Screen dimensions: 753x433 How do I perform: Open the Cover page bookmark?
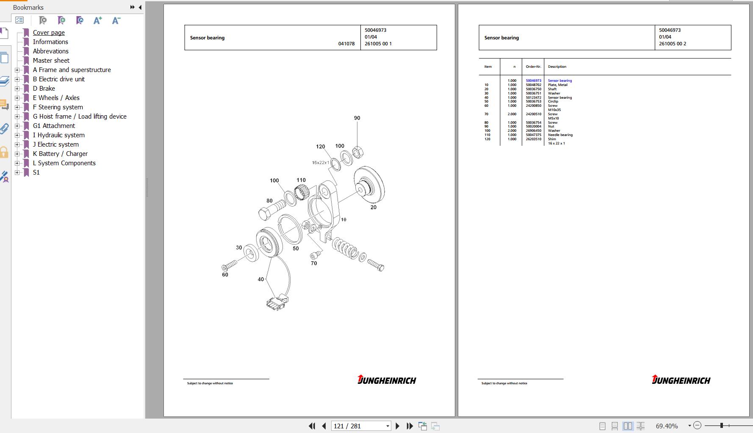49,33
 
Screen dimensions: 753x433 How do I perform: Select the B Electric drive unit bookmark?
58,79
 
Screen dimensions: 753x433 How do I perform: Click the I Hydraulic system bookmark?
58,135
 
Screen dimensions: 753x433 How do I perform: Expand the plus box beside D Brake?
17,89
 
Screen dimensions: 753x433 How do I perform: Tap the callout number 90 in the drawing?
357,118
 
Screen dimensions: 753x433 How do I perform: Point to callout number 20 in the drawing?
373,207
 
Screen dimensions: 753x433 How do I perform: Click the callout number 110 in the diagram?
301,180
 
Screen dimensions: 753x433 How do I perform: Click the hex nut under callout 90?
358,153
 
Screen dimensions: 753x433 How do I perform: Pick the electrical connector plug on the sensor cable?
277,303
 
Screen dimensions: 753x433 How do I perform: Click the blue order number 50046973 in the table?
533,80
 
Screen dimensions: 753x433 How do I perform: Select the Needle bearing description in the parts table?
560,135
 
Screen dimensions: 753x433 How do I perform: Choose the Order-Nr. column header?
533,67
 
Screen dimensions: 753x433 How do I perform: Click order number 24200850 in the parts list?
533,105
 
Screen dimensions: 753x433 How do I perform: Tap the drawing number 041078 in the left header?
346,44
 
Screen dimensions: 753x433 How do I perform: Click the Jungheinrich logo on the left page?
387,380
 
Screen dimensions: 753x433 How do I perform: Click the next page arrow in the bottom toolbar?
397,426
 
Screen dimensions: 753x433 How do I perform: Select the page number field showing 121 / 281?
360,426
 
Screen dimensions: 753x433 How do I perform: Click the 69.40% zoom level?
667,426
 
